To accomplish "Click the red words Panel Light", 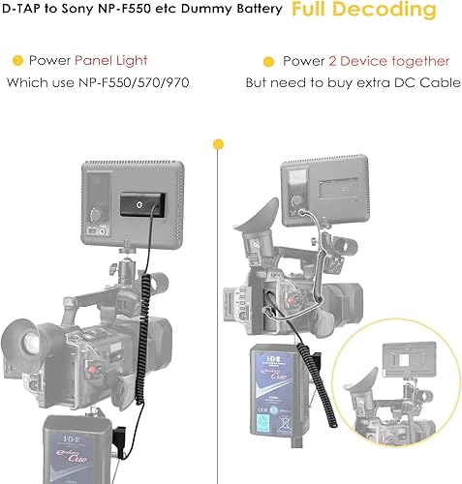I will click(108, 61).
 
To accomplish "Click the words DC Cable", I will click(416, 82).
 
